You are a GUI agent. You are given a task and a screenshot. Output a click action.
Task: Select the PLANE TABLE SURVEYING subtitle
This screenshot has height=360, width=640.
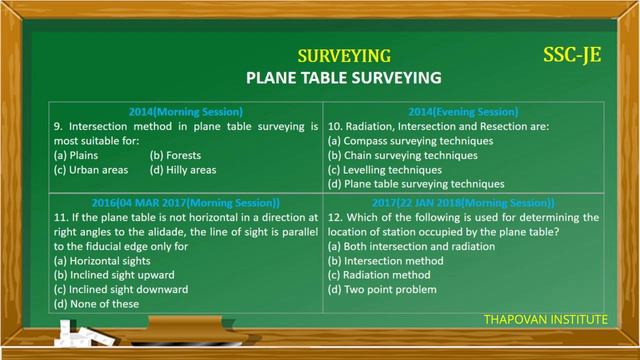click(344, 76)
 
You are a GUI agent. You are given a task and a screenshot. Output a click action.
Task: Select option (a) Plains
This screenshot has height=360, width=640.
click(77, 156)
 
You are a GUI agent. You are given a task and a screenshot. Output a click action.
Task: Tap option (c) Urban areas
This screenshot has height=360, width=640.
click(91, 171)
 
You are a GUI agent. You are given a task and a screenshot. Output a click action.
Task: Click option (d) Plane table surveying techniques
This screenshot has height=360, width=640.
click(416, 185)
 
